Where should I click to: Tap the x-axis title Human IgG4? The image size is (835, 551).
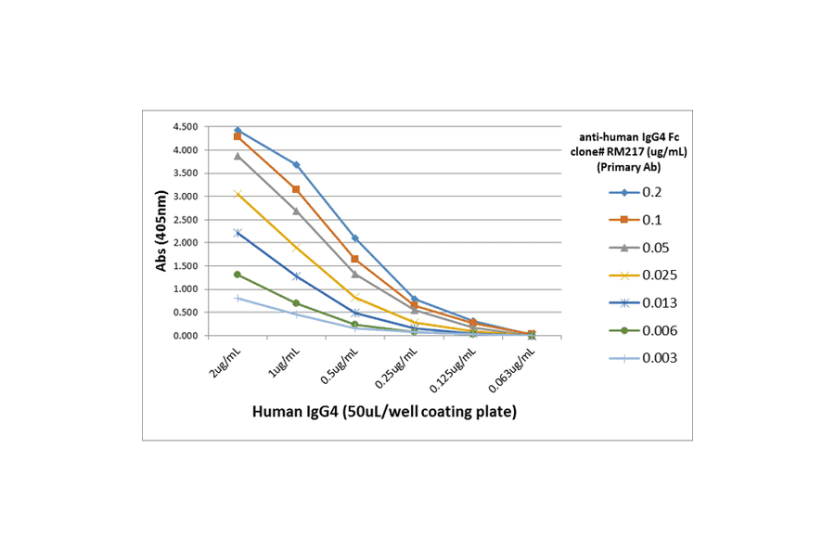click(x=384, y=411)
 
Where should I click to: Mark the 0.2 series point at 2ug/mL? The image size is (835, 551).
click(x=238, y=131)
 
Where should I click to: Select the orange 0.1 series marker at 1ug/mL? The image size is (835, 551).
click(x=296, y=189)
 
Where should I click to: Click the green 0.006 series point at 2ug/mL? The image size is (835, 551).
click(x=238, y=275)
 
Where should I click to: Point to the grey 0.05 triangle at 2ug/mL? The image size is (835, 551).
click(x=238, y=156)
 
